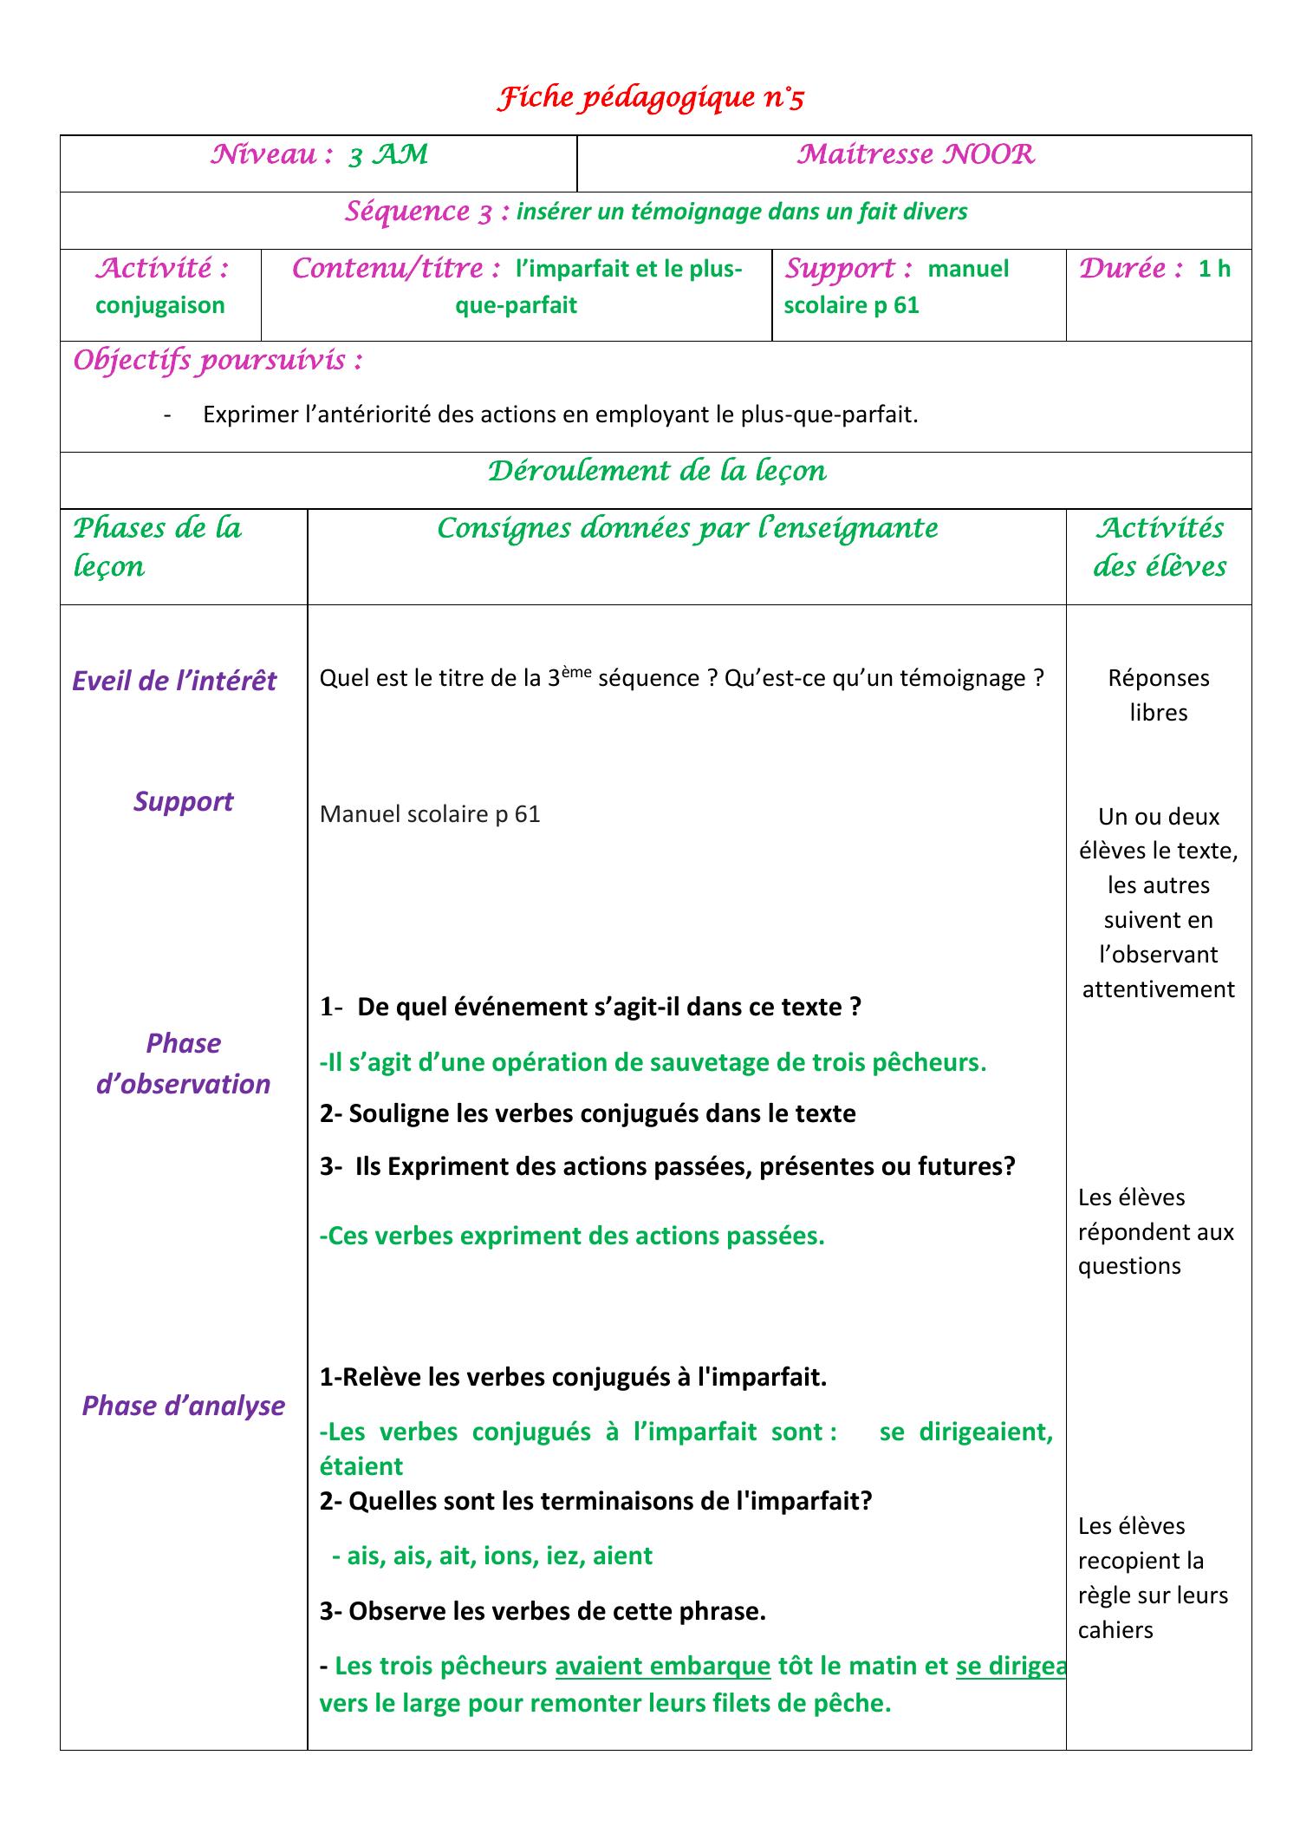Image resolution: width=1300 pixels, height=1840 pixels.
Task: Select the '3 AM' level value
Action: [x=387, y=156]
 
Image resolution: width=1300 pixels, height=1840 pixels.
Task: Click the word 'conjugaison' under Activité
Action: [x=159, y=305]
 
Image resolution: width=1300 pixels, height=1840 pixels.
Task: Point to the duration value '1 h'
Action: [x=1213, y=269]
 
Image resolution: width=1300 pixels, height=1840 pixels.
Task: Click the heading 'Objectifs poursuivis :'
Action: [x=218, y=361]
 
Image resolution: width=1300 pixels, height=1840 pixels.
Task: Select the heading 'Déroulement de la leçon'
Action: [x=656, y=472]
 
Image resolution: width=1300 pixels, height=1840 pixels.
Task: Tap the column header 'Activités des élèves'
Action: [x=1159, y=547]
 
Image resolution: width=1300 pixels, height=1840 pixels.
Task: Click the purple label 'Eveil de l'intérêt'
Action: [x=174, y=681]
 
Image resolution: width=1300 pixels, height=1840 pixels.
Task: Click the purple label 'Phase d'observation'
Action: [x=183, y=1063]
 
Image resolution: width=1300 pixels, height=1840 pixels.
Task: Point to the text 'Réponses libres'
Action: [x=1158, y=695]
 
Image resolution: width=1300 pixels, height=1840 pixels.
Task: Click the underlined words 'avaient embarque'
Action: [x=662, y=1666]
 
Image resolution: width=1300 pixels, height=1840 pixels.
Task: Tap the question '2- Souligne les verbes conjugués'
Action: [x=587, y=1113]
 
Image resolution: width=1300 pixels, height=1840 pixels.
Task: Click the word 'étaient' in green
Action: [x=361, y=1466]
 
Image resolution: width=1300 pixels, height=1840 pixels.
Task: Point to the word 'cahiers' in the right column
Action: [x=1115, y=1629]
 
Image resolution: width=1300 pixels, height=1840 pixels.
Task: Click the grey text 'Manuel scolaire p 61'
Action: [x=430, y=814]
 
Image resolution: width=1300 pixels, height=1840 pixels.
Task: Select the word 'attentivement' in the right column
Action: [x=1158, y=989]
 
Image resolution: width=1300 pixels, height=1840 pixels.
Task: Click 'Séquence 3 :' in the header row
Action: [x=426, y=212]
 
